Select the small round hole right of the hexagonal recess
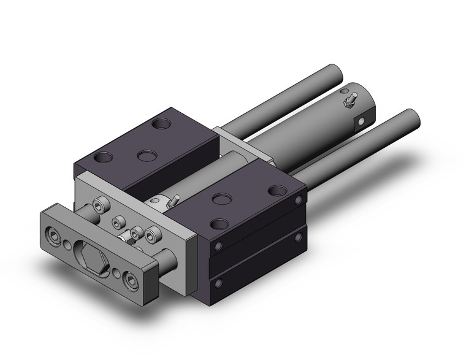117,272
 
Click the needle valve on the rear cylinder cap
351,99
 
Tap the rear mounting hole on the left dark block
161,124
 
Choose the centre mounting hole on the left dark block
146,156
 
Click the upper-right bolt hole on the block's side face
299,201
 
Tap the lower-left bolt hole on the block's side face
217,283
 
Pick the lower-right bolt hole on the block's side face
299,237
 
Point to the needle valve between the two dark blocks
174,200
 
